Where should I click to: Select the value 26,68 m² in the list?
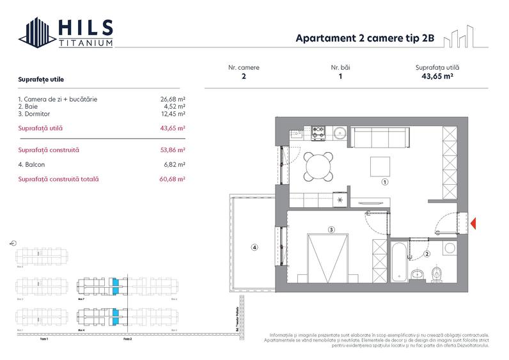(173, 99)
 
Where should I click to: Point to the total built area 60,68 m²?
(173, 180)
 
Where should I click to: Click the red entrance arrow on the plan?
(474, 223)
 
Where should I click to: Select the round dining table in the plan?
(318, 168)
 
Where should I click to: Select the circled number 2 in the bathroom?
(427, 254)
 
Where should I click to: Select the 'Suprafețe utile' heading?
(41, 79)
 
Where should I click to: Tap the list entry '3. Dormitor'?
(38, 113)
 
